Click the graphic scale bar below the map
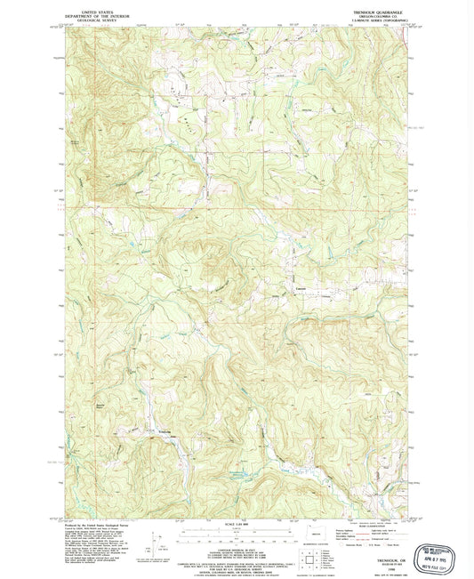237,534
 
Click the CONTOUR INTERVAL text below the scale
237,552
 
